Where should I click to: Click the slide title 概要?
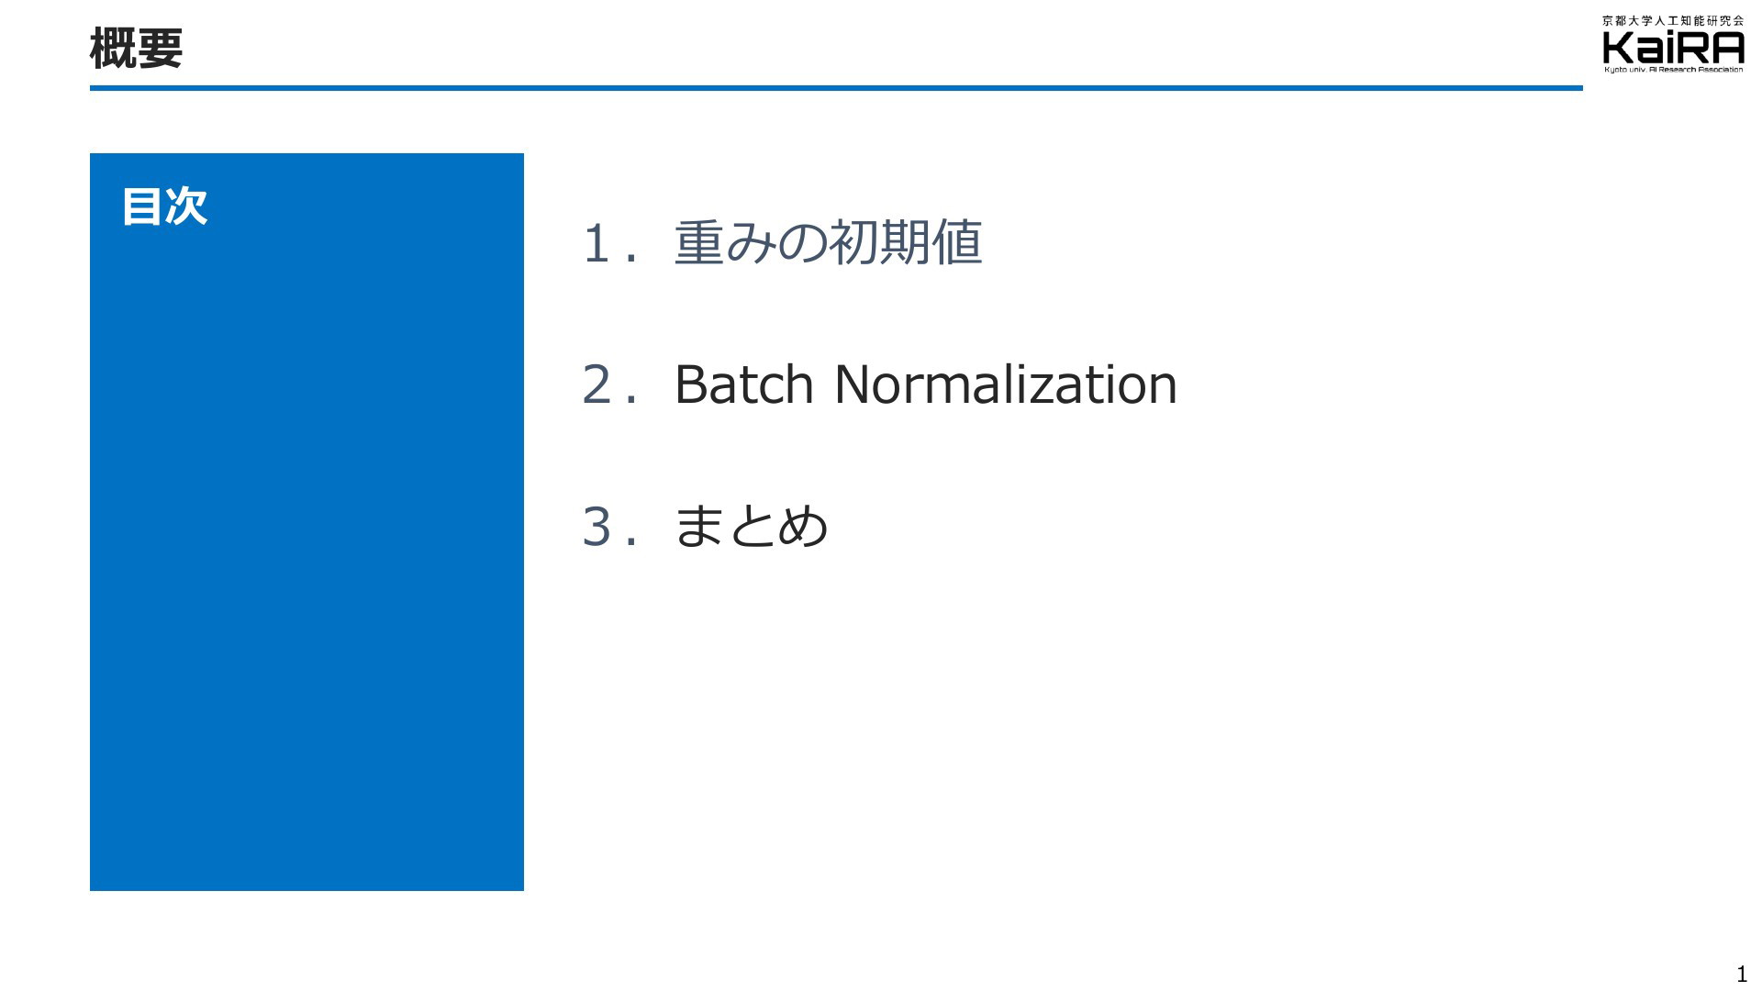pos(136,48)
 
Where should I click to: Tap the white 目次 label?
pos(164,206)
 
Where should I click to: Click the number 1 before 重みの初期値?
pos(597,244)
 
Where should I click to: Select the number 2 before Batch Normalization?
pos(597,384)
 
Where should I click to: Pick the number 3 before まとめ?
pos(597,527)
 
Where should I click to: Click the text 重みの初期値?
pos(828,243)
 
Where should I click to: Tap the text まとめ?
pos(751,527)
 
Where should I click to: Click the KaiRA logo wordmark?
pos(1673,48)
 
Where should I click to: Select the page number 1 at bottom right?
pos(1742,974)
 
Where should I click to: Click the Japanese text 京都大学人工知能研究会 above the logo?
pos(1673,20)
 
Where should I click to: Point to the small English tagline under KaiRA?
pos(1673,70)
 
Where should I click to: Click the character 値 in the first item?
pos(956,243)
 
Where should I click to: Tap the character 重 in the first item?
pos(699,243)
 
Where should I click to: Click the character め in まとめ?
pos(803,527)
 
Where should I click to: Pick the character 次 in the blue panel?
pos(186,206)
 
